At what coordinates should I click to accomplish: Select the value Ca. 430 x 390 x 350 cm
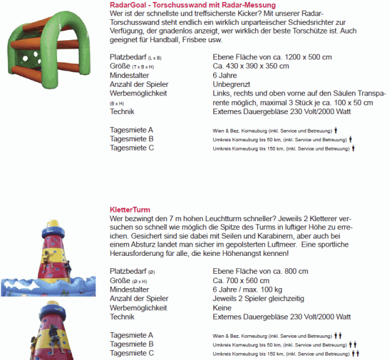[250, 66]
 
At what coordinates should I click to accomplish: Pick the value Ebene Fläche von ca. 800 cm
[260, 271]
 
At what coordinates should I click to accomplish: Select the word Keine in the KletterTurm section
[222, 307]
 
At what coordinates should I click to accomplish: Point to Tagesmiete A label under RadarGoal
[131, 130]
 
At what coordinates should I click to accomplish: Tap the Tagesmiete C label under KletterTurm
[131, 353]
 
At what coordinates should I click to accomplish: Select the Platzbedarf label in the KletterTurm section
[129, 271]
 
